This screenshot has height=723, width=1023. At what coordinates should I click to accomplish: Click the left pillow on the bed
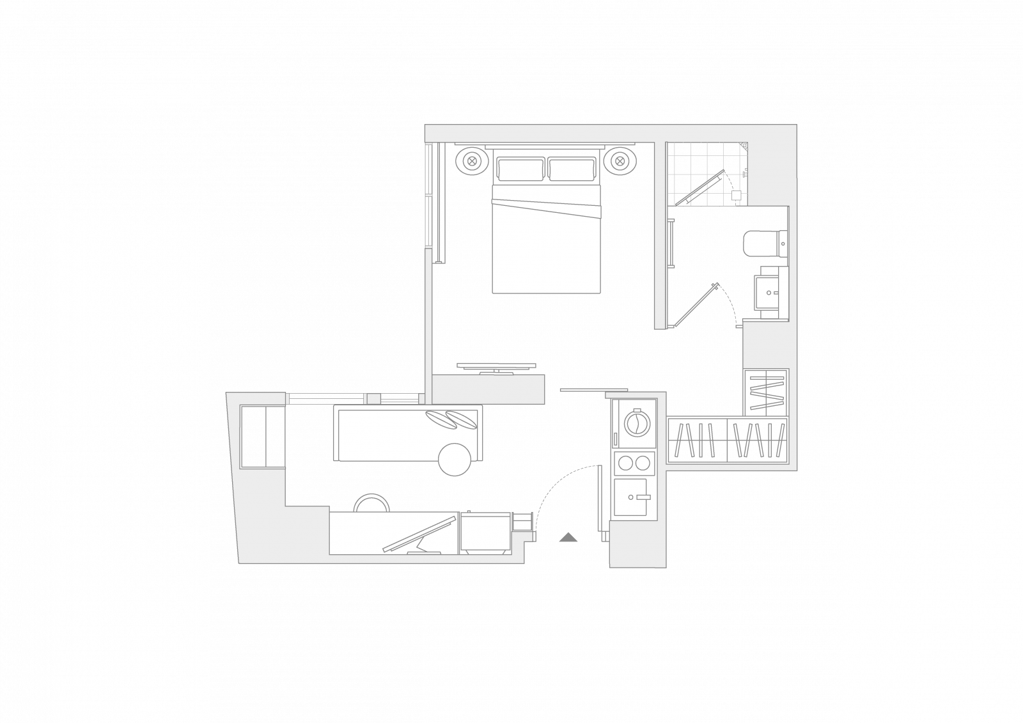pos(521,169)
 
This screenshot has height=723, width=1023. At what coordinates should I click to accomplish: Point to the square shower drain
pos(736,196)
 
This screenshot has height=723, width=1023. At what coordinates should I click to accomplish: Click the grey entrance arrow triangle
pos(568,537)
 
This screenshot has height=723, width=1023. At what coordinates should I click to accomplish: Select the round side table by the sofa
pos(455,459)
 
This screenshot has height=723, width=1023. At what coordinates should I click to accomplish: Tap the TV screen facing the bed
pos(496,366)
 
